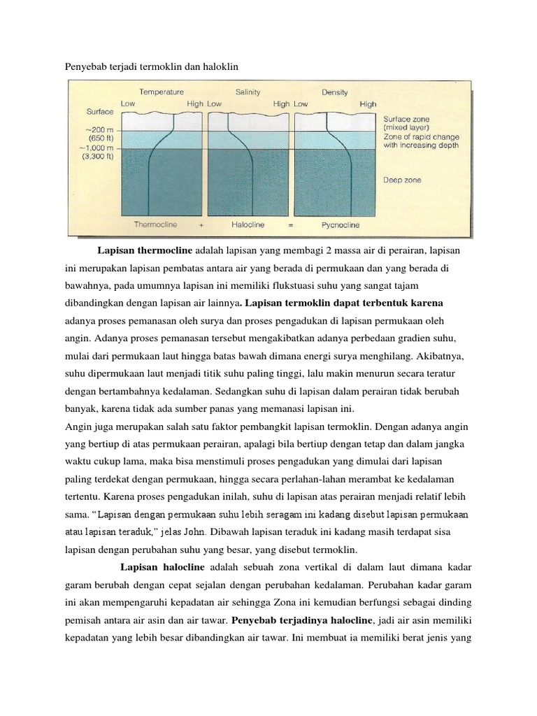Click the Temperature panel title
tap(162, 92)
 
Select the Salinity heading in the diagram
tap(248, 92)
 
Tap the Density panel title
tap(334, 92)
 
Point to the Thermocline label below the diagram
tap(156, 224)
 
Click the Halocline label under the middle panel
tap(248, 224)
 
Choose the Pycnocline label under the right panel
tap(340, 224)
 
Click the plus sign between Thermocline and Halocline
tap(201, 224)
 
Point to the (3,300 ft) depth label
tap(99, 157)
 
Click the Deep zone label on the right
tap(403, 180)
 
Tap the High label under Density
tap(368, 103)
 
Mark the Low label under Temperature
tap(128, 103)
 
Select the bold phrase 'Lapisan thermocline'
tap(145, 250)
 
